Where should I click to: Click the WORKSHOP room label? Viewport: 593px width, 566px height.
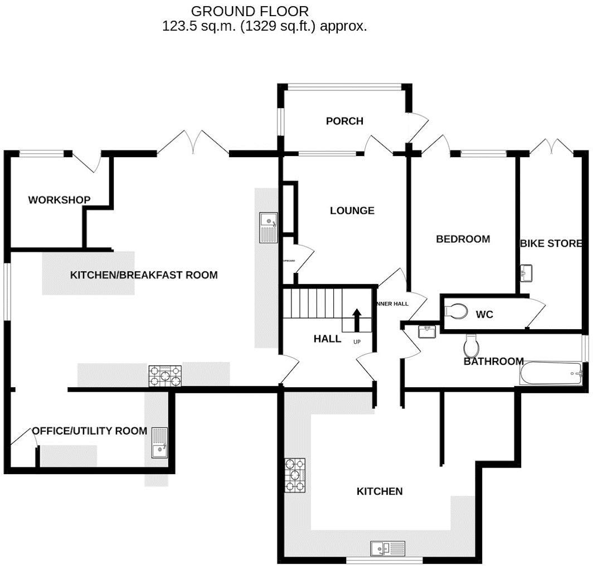click(59, 200)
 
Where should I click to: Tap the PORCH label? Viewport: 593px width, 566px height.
click(344, 121)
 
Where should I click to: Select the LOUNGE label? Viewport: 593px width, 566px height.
click(352, 211)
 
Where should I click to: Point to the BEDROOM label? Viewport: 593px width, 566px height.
click(463, 239)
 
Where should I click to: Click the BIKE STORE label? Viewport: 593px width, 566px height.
click(551, 243)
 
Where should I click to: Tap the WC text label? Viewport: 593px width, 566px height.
click(484, 315)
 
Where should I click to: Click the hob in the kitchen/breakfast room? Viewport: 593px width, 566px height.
click(164, 376)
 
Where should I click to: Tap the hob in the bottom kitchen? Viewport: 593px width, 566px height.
click(295, 475)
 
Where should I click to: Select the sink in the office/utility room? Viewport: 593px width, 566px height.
click(159, 442)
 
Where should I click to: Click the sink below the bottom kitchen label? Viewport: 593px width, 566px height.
click(388, 548)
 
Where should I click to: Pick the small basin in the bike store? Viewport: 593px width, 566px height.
click(527, 273)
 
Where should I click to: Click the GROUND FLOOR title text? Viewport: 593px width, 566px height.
click(249, 11)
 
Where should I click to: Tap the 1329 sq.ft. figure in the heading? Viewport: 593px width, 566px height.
click(271, 26)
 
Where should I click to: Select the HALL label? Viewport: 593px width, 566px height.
click(327, 339)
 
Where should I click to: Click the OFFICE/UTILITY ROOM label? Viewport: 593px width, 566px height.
click(89, 431)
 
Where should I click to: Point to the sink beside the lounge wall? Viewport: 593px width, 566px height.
click(269, 228)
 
